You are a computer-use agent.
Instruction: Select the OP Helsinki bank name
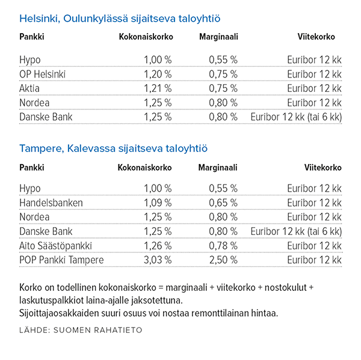[x=42, y=74]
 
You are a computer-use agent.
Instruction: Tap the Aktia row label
[x=29, y=88]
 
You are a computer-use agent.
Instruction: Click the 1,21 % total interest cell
[x=158, y=88]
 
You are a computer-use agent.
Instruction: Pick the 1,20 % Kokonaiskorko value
[x=158, y=74]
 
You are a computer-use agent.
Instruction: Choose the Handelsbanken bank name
[x=51, y=203]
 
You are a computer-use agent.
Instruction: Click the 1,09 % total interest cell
[x=158, y=203]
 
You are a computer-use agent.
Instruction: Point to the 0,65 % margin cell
[x=223, y=203]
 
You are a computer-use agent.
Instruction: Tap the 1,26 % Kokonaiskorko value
[x=158, y=245]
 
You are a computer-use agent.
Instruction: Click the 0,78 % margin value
[x=223, y=245]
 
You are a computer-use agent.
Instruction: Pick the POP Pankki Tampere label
[x=61, y=260]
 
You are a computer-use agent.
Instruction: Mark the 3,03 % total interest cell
[x=158, y=260]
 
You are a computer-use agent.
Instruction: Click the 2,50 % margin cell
[x=223, y=260]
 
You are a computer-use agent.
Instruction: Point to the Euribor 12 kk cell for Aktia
[x=314, y=88]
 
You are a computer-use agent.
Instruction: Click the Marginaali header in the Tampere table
[x=218, y=168]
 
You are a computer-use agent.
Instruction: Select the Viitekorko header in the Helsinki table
[x=316, y=37]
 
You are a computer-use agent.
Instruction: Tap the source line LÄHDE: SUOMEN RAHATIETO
[x=81, y=330]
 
